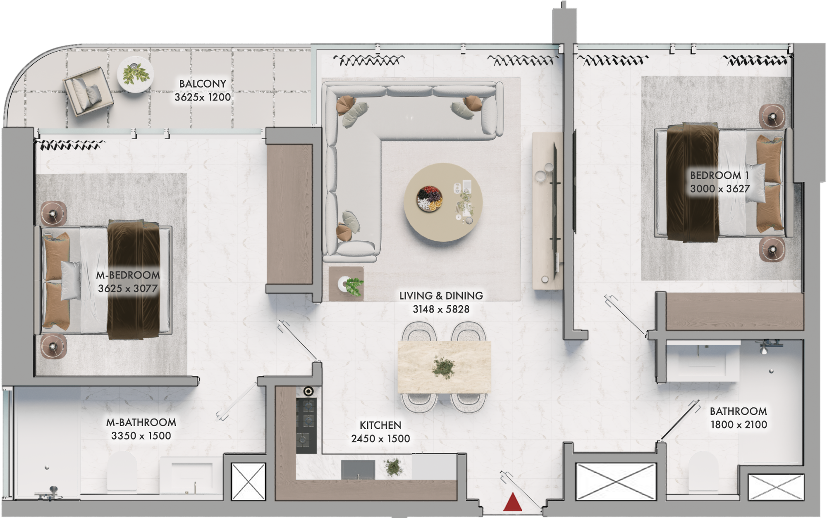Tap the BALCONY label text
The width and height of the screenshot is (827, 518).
point(203,84)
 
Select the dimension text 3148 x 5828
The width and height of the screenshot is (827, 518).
point(441,309)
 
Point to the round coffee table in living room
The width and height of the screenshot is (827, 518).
point(443,202)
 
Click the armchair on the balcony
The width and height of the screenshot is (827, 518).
point(88,92)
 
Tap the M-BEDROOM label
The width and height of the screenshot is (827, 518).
point(128,275)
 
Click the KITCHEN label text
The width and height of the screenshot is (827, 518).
point(380,425)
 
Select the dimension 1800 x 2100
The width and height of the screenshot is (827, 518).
point(739,425)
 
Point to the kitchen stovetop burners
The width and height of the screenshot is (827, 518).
point(306,425)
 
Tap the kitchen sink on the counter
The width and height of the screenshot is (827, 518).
point(358,470)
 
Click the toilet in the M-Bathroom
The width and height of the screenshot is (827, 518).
point(122,471)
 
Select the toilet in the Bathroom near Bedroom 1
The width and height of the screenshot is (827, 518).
point(703,472)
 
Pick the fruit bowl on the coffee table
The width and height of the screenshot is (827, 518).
point(430,199)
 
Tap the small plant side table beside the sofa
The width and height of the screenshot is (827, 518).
point(347,284)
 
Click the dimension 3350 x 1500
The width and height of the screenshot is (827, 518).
point(141,436)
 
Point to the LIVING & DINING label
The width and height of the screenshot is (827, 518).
point(441,296)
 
